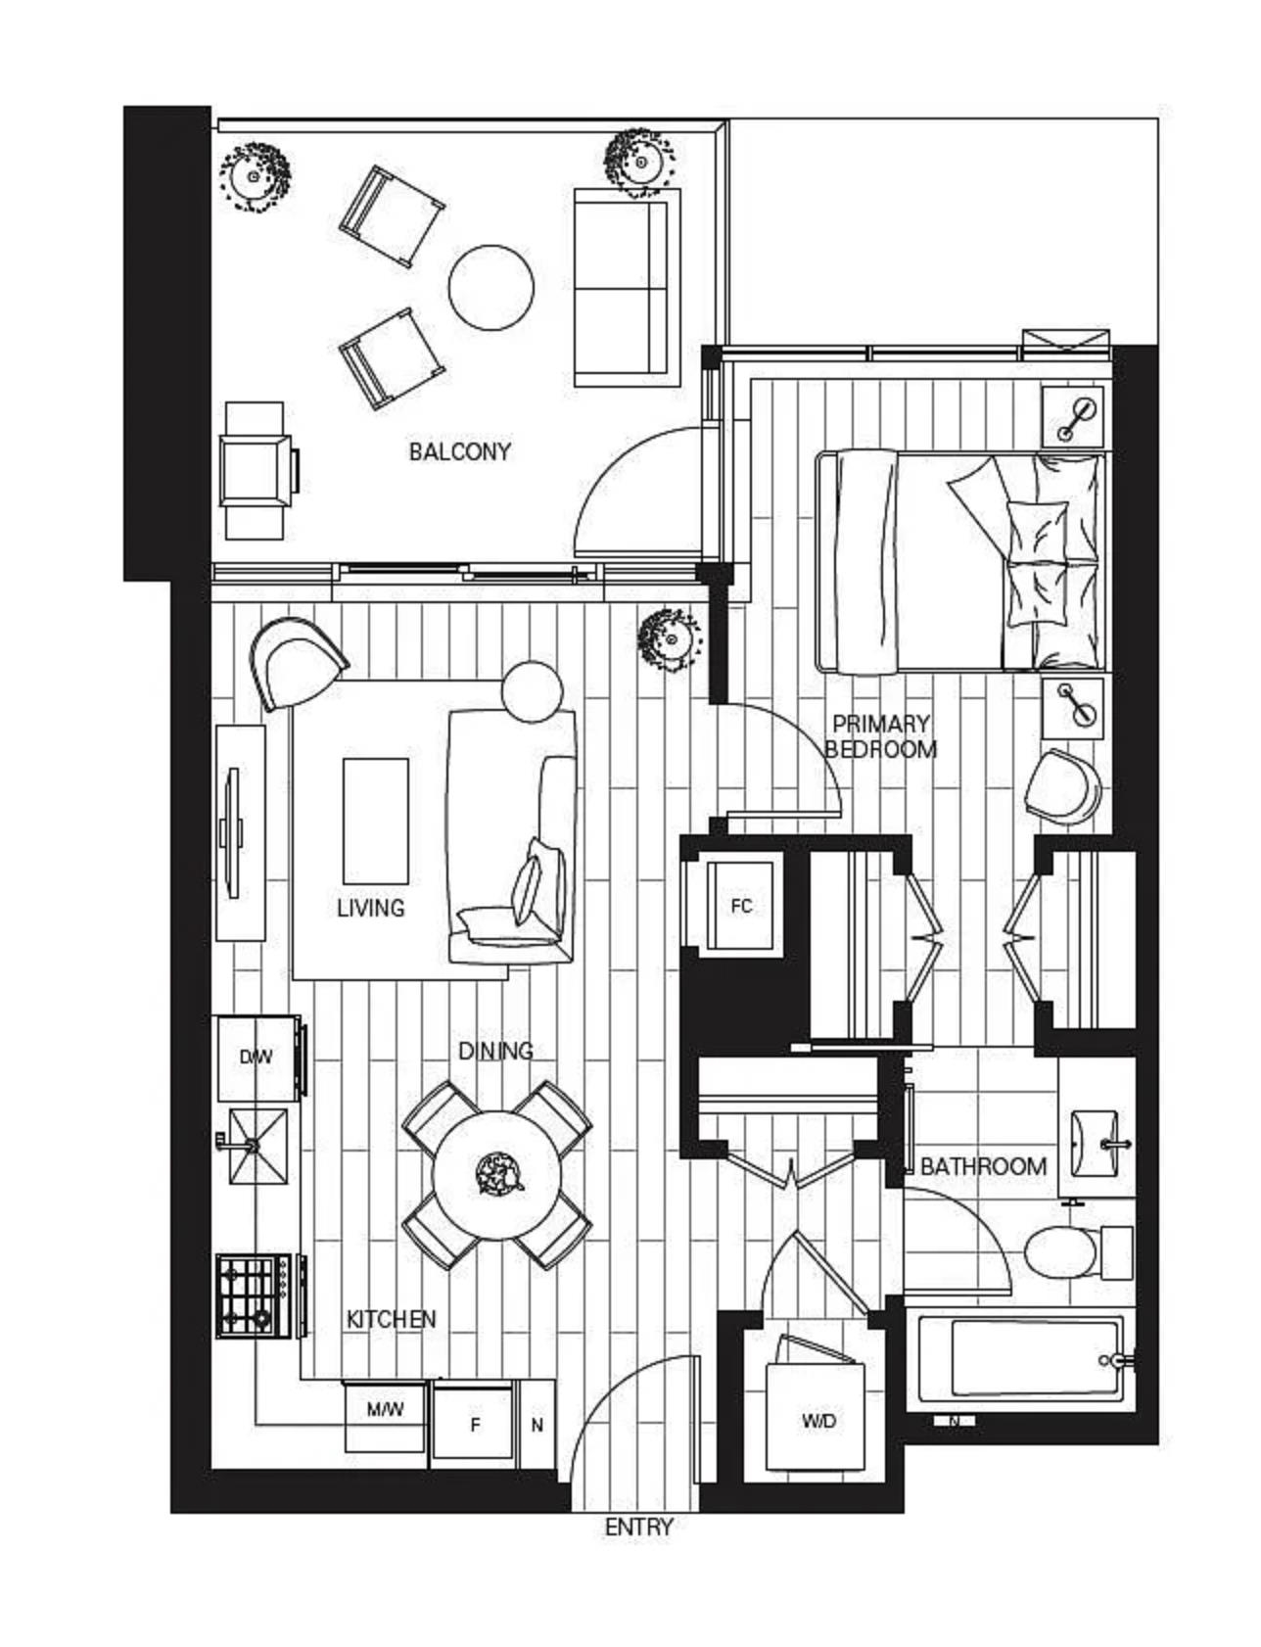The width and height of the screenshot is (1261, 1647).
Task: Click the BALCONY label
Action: [459, 451]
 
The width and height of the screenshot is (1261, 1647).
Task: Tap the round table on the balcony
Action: [491, 288]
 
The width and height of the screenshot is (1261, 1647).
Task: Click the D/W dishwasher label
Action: [256, 1058]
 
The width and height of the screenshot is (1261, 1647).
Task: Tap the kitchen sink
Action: [258, 1145]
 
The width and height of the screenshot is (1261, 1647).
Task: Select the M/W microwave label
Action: [385, 1410]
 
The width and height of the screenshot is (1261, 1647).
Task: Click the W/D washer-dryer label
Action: [818, 1421]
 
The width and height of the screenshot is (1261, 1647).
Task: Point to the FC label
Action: [742, 906]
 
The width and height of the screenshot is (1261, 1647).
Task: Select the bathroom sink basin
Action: [1097, 1144]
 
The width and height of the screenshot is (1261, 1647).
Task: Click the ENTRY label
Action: [638, 1528]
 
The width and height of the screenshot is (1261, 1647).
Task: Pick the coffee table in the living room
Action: [375, 821]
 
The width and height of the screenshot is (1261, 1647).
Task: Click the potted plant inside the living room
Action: [670, 639]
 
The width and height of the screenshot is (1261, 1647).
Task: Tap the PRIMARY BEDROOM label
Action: [880, 736]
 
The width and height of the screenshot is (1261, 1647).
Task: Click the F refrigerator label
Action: [475, 1425]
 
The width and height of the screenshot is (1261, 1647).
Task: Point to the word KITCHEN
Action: [391, 1319]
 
